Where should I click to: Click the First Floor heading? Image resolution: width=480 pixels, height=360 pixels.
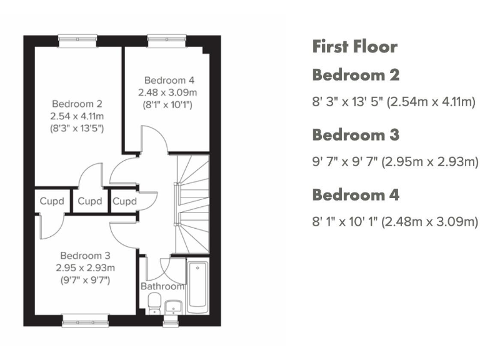tap(354, 46)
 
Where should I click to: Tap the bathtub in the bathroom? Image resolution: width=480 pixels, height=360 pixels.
tap(197, 285)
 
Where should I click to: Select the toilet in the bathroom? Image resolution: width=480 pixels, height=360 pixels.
tap(154, 304)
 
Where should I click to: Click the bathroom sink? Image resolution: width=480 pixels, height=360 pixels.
tap(172, 306)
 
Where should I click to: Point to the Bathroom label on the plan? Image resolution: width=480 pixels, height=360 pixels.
tap(162, 286)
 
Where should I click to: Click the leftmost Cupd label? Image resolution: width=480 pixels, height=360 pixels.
tap(52, 201)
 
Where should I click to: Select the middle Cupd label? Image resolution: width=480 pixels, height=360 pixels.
tap(90, 201)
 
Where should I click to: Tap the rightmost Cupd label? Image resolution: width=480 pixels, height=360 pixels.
tap(124, 201)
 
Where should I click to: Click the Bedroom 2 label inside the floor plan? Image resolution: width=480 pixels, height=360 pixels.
tap(77, 104)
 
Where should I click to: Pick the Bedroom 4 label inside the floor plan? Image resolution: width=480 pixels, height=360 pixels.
tap(169, 80)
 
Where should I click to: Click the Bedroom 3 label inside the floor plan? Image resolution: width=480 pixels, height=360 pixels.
tap(85, 255)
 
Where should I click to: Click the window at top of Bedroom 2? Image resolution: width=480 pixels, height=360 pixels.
tap(77, 41)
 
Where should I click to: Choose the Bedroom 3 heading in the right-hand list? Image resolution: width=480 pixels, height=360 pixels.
tap(355, 134)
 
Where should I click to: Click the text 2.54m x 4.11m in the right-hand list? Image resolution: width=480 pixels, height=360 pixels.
tap(431, 102)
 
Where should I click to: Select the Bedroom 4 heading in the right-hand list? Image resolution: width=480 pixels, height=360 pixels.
tap(355, 194)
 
